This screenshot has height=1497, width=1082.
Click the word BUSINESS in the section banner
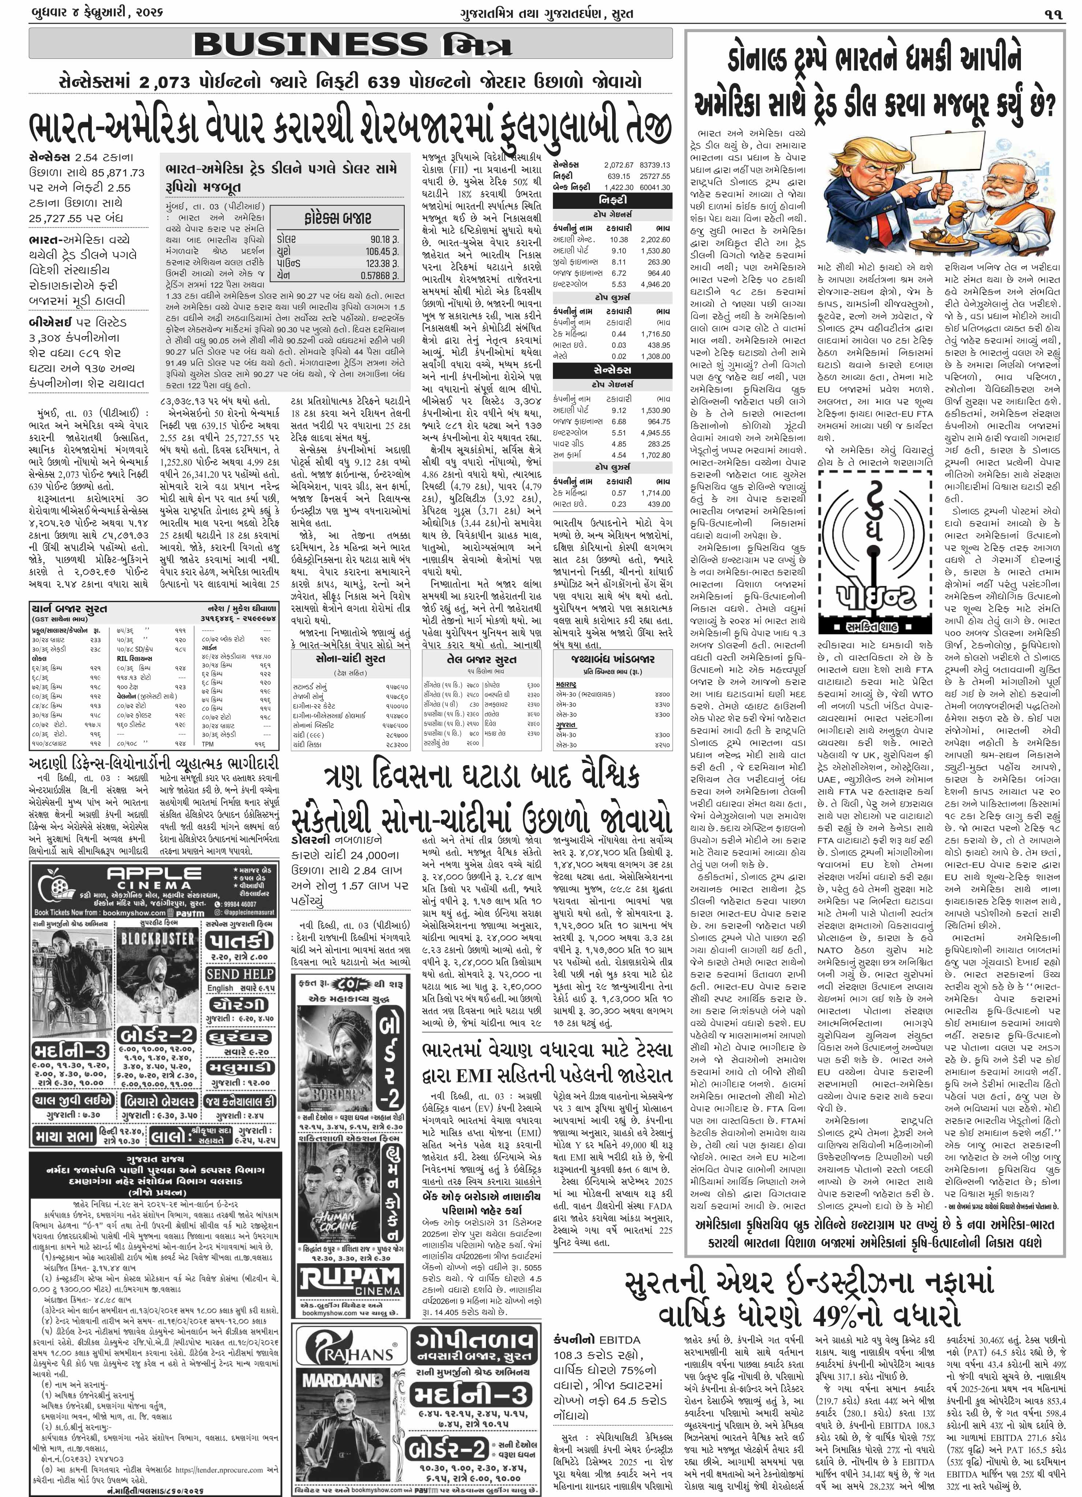[310, 45]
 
